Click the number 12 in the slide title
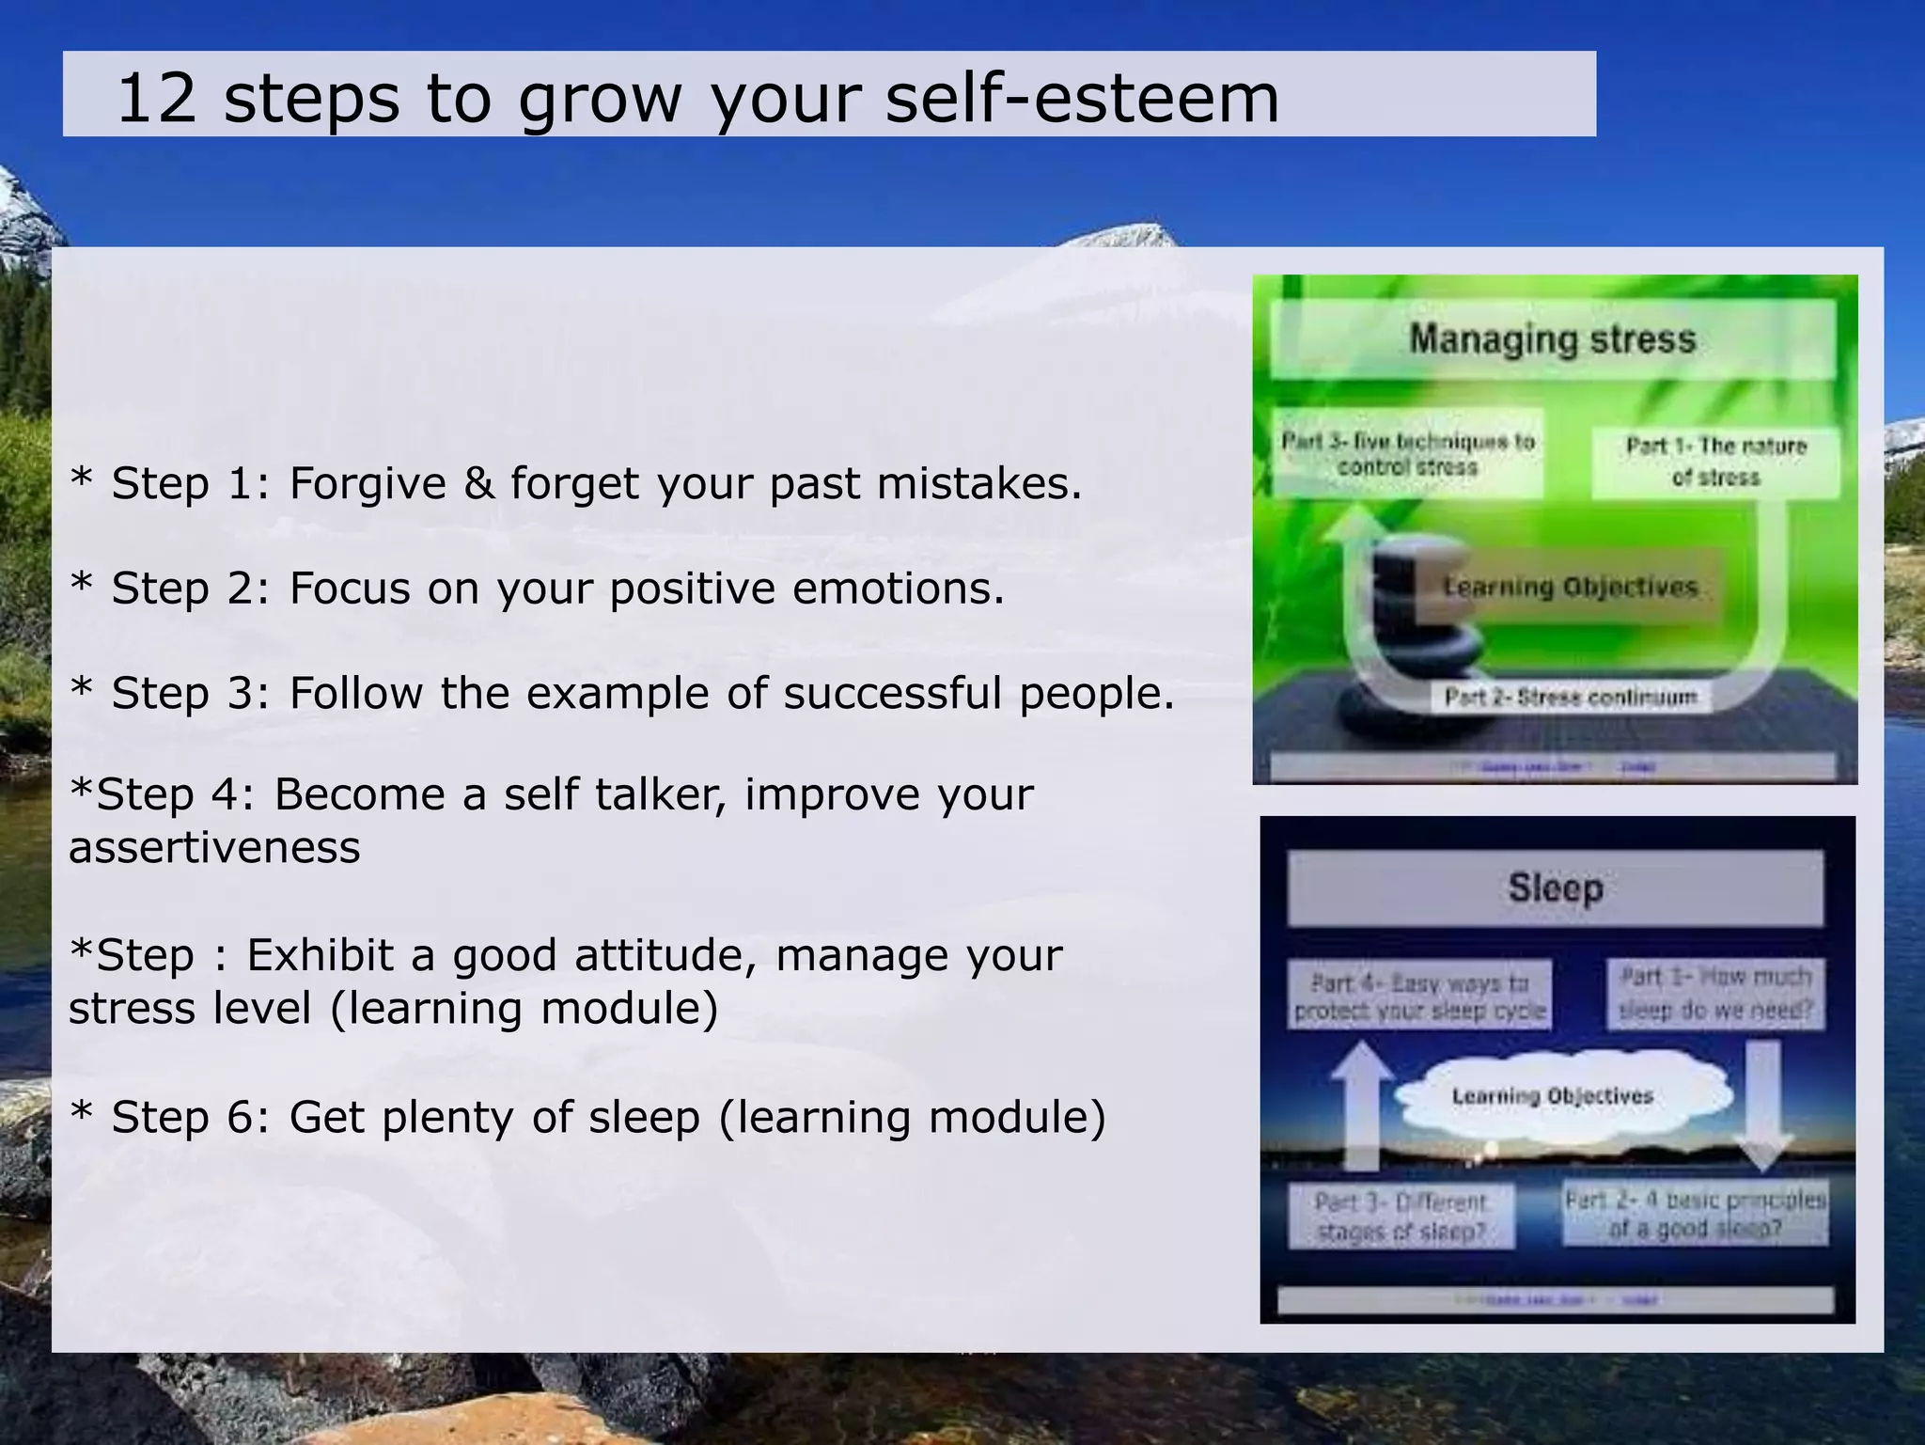pos(156,99)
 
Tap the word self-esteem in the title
pos(1081,99)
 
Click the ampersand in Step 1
pos(478,484)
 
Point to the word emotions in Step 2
pos(898,589)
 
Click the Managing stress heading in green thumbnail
pos(1552,339)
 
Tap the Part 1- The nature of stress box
pos(1715,461)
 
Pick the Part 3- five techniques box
pos(1407,454)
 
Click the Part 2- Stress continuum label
pos(1571,698)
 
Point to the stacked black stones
pos(1410,639)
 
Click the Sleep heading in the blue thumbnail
pos(1556,888)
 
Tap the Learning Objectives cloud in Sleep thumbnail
pos(1553,1096)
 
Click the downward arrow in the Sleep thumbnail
pos(1763,1105)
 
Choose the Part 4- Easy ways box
pos(1419,997)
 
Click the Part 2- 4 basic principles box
pos(1696,1214)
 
